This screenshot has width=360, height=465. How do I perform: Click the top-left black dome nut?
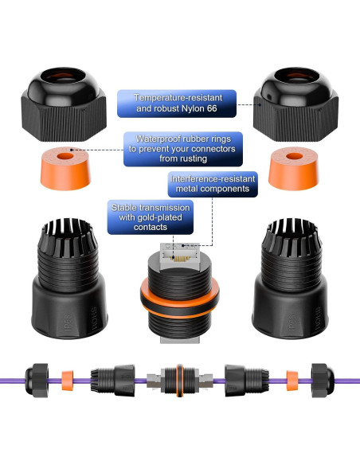click(x=64, y=104)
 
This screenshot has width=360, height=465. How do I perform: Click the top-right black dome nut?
click(x=295, y=104)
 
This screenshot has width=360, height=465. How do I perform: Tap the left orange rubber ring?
click(x=65, y=168)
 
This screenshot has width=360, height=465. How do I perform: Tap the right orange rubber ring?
click(x=293, y=168)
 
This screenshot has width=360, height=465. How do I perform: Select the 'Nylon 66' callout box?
click(x=177, y=104)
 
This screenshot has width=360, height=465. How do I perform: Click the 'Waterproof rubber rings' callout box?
click(x=183, y=149)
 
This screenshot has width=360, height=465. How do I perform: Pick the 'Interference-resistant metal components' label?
click(x=213, y=184)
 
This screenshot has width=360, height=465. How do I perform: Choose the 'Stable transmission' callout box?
click(x=151, y=217)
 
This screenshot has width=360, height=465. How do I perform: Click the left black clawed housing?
click(x=69, y=279)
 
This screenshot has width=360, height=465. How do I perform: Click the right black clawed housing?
click(x=291, y=279)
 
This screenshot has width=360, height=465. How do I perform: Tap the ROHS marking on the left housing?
click(x=94, y=318)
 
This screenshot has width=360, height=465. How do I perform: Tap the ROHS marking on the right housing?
click(x=318, y=318)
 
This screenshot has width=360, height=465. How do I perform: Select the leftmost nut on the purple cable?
click(x=37, y=381)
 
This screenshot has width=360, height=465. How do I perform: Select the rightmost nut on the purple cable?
click(x=323, y=381)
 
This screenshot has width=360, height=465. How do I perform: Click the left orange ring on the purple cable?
click(x=68, y=381)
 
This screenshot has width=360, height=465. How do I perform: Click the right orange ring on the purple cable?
click(x=292, y=381)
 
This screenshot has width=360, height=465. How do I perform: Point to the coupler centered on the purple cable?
click(x=180, y=381)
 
